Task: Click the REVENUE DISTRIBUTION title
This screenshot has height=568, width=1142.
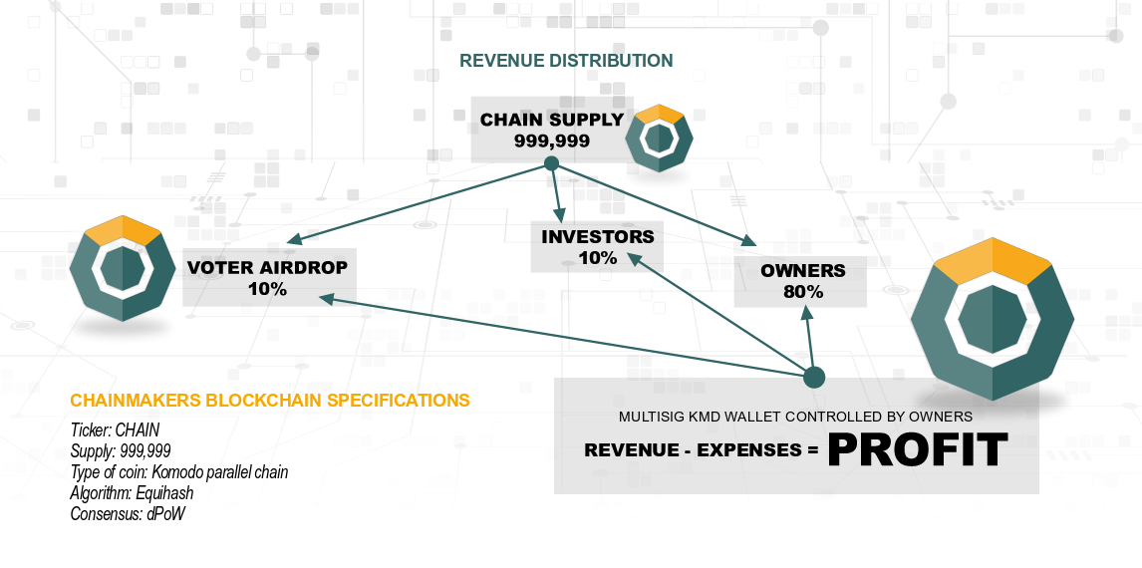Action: (566, 61)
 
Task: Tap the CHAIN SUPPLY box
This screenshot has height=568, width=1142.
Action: (551, 131)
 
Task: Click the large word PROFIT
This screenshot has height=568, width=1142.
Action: (917, 449)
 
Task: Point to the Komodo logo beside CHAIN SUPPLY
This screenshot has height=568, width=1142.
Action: (659, 138)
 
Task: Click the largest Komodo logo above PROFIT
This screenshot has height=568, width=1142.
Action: (992, 321)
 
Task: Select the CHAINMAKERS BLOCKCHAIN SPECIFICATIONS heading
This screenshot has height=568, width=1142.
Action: (270, 401)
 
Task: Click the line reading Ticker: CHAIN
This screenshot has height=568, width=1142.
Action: (114, 430)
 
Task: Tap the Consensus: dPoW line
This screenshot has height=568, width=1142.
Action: (128, 514)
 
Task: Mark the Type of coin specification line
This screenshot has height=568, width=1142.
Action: (179, 472)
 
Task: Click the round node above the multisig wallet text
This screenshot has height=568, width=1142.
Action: (814, 377)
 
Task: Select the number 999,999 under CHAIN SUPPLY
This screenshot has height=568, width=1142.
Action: (551, 142)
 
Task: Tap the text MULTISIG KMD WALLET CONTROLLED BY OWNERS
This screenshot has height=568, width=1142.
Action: (795, 417)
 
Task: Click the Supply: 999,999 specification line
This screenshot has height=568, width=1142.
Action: (121, 451)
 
